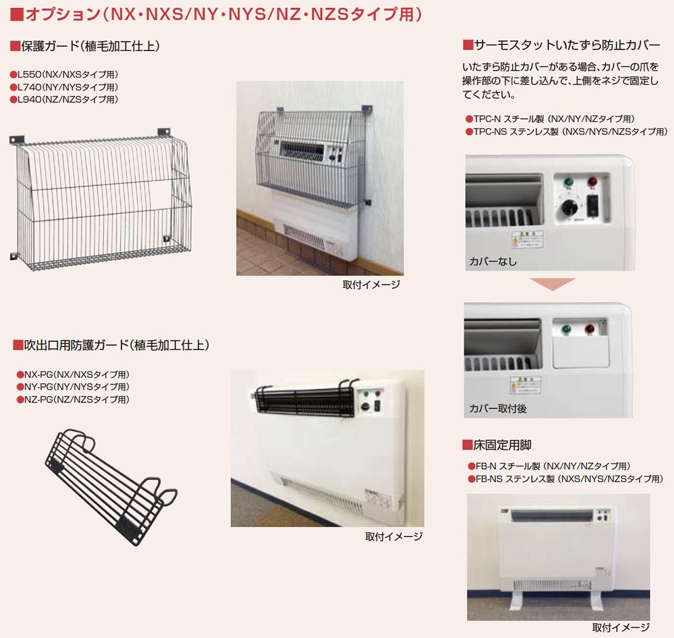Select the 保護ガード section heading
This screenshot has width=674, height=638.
86,46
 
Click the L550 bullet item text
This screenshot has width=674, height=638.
64,75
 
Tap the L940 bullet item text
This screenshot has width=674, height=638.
64,99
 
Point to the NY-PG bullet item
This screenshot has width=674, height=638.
73,387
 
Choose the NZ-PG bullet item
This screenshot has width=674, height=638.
73,399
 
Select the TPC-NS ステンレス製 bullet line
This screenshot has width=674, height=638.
566,131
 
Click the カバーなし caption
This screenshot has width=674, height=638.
493,261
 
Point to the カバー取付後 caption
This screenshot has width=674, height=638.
498,408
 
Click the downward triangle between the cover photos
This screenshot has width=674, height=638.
552,284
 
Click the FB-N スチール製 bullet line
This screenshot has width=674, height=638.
549,466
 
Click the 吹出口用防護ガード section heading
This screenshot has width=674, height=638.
111,345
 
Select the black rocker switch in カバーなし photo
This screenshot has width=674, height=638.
592,205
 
